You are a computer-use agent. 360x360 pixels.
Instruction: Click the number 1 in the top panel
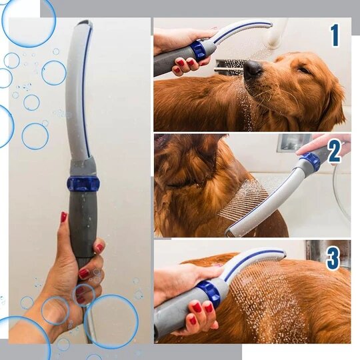click(x=335, y=35)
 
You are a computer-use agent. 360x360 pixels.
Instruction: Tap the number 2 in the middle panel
click(x=335, y=152)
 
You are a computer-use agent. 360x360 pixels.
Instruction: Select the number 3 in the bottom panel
click(x=333, y=258)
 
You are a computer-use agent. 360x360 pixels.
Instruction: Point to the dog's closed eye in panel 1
click(x=304, y=69)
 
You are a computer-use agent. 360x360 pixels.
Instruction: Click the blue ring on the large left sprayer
click(x=83, y=183)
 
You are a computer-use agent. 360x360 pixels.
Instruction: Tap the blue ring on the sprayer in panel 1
click(x=199, y=51)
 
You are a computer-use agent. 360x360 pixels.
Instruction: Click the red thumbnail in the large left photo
click(x=63, y=217)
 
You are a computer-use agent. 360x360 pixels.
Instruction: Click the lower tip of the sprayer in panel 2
click(x=227, y=233)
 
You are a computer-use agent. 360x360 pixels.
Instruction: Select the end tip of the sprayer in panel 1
click(x=271, y=25)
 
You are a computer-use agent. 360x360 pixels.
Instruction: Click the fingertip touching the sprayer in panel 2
click(x=299, y=153)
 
